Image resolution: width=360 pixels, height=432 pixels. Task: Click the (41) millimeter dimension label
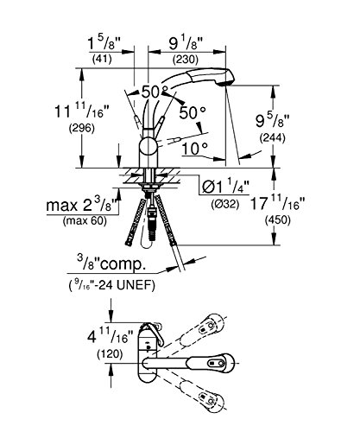102,59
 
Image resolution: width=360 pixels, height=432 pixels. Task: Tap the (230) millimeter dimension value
186,59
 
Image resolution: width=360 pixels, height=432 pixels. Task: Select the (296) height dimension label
82,128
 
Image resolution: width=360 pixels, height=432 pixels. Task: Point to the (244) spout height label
272,138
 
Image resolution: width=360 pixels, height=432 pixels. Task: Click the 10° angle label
195,149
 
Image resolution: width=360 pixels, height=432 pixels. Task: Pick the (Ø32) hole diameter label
224,204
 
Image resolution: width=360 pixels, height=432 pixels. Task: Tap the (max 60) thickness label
85,221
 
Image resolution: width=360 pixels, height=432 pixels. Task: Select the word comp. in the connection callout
123,265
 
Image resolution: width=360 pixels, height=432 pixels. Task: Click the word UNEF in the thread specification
139,285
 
